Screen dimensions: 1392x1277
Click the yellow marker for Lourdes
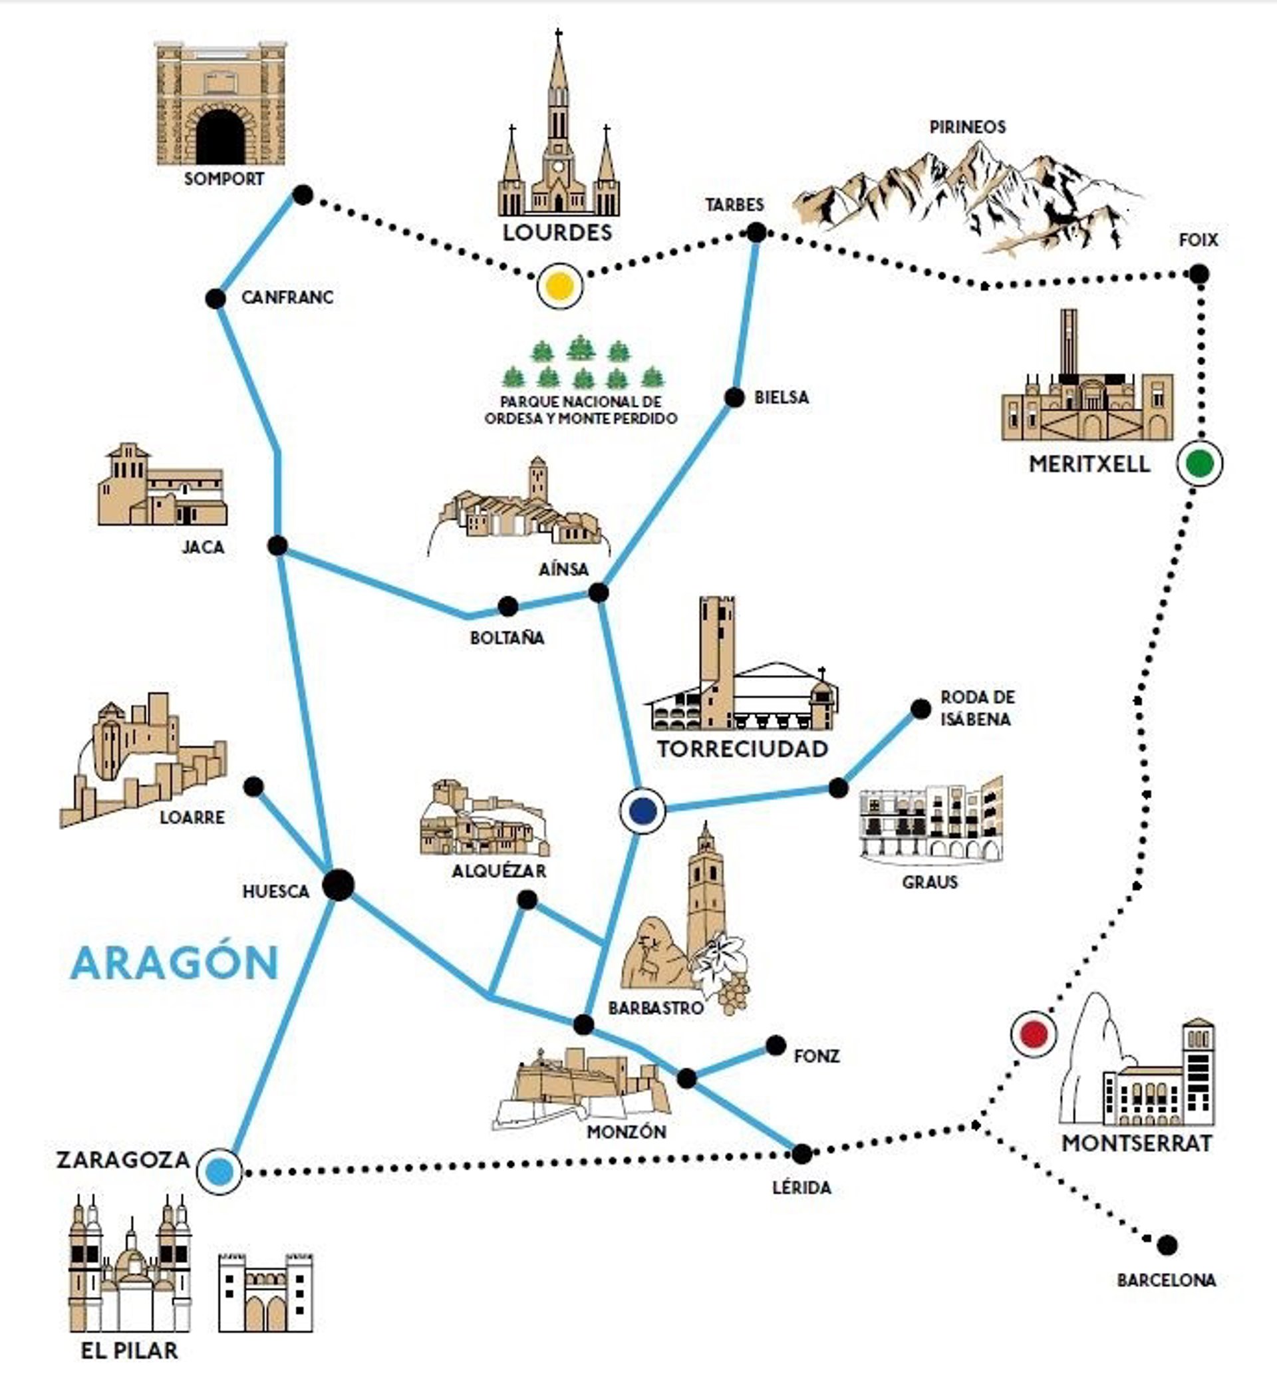tap(559, 285)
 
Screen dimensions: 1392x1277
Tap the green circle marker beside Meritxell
tap(1199, 463)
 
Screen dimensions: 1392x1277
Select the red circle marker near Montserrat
tap(1034, 1034)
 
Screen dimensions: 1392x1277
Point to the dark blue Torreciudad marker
tap(642, 810)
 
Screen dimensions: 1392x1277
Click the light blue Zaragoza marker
tap(219, 1172)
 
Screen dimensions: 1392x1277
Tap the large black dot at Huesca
tap(339, 885)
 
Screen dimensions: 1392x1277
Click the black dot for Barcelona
tap(1167, 1245)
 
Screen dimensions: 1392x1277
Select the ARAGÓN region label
tap(175, 963)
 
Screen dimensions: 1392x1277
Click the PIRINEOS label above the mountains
tap(968, 127)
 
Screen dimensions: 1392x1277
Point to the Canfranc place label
tap(287, 298)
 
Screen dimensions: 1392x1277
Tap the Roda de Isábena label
tap(977, 708)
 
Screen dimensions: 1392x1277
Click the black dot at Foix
tap(1199, 273)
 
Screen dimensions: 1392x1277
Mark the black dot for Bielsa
tap(734, 397)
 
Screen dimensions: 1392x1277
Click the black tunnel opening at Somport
tap(220, 136)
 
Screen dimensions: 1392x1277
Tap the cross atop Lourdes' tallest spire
tap(558, 33)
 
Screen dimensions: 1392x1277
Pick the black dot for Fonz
tap(776, 1045)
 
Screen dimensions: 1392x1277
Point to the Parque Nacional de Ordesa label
tap(581, 410)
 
